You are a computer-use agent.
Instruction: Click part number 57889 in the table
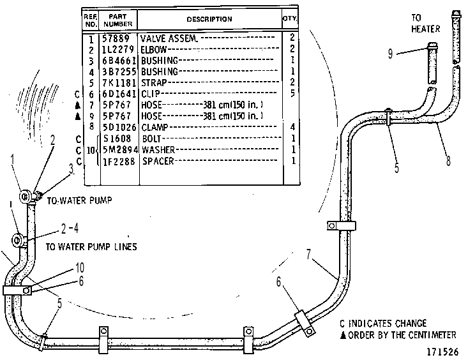[x=116, y=38]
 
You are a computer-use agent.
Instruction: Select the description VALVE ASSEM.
[x=169, y=38]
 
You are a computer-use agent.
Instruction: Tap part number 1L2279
[x=118, y=49]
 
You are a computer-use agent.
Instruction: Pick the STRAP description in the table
[x=154, y=82]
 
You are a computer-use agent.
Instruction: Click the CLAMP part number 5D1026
[x=119, y=128]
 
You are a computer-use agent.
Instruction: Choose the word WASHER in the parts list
[x=158, y=149]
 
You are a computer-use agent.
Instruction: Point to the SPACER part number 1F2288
[x=119, y=161]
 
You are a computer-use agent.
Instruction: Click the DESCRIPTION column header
[x=209, y=19]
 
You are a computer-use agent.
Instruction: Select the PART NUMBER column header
[x=118, y=20]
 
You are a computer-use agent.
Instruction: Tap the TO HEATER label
[x=426, y=24]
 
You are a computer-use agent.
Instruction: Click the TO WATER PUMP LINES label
[x=91, y=247]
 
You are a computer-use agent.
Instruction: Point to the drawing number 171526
[x=442, y=352]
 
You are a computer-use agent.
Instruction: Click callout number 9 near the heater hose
[x=390, y=54]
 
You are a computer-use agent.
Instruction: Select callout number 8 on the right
[x=448, y=161]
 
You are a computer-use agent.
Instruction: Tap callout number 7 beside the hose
[x=308, y=254]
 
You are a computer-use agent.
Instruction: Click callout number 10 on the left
[x=79, y=267]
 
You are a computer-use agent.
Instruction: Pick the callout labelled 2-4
[x=70, y=229]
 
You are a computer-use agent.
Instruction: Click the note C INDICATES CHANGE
[x=383, y=324]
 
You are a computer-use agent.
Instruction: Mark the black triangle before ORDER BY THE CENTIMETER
[x=343, y=335]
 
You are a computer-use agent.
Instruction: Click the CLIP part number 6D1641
[x=119, y=94]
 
